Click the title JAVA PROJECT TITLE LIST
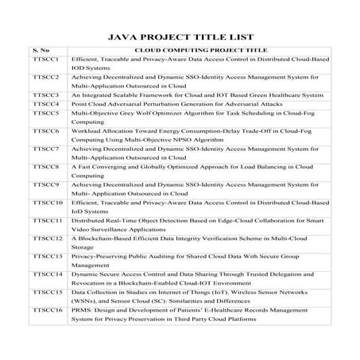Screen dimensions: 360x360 click(180, 36)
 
